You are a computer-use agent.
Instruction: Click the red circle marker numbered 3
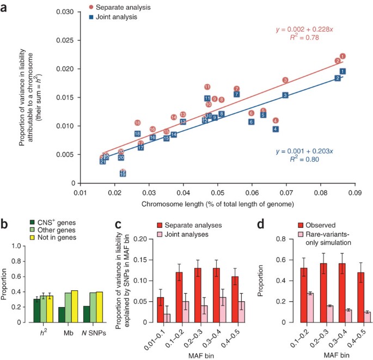(285, 80)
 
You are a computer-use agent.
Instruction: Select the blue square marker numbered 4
(276, 129)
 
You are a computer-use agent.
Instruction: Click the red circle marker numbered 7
(236, 89)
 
